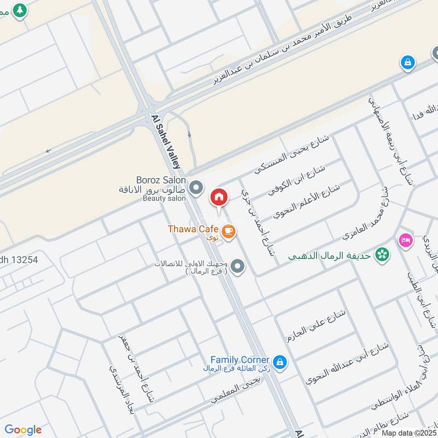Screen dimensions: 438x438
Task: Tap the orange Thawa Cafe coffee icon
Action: [229, 232]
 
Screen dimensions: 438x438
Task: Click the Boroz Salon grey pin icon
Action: [195, 189]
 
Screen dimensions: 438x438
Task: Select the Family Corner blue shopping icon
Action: [280, 363]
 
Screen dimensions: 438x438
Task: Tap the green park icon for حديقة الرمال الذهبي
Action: [383, 255]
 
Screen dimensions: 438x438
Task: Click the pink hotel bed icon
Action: [405, 240]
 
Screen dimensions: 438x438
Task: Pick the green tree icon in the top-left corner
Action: [20, 10]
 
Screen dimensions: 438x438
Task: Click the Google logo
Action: [23, 430]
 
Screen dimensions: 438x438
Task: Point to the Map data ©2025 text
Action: [408, 433]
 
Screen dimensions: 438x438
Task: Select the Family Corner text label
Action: [240, 360]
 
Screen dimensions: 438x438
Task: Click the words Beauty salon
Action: [164, 198]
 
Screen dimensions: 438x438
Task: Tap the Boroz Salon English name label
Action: [161, 180]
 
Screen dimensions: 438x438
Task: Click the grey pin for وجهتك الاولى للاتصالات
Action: [237, 267]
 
